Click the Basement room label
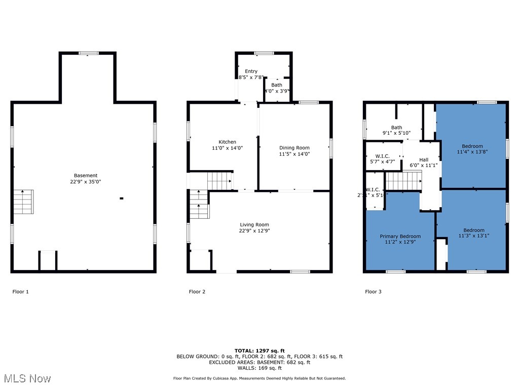(85, 176)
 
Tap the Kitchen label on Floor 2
(227, 142)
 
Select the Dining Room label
(294, 148)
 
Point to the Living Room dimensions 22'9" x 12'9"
(254, 231)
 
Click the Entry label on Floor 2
(251, 71)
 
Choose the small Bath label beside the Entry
(276, 85)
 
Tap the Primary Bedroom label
(400, 237)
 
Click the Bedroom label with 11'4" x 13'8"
(472, 146)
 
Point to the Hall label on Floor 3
(423, 160)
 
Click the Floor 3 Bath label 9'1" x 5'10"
(396, 128)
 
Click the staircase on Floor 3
(404, 180)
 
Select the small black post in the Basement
(121, 199)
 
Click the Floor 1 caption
(20, 292)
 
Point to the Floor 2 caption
(197, 292)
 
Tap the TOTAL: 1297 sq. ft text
(259, 351)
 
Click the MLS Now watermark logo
(27, 378)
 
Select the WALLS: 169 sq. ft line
(259, 368)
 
